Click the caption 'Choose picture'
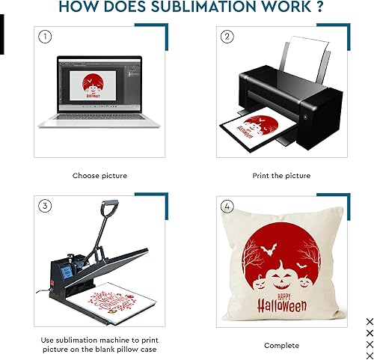point(99,175)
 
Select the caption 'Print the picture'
point(280,175)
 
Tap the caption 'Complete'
point(281,345)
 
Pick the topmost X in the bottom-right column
point(369,321)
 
